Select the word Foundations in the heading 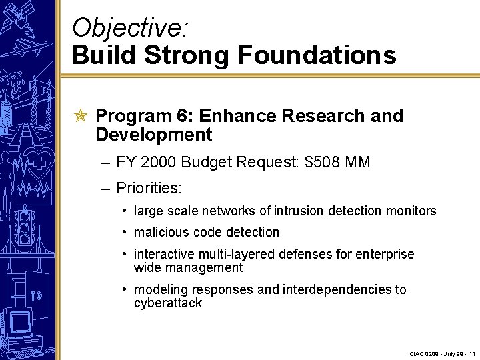tap(317, 55)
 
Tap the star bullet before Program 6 tap(80, 117)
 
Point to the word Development tap(153, 135)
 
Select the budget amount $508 tap(323, 162)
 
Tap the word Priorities tap(149, 189)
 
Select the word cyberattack tap(167, 303)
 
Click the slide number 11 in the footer tap(471, 353)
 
